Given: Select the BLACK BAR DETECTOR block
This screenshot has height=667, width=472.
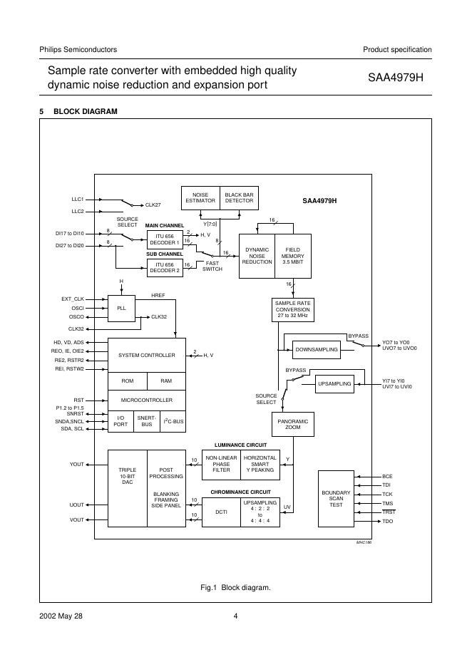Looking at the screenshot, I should coord(239,197).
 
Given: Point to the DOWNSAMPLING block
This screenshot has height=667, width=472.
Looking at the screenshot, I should coord(316,350).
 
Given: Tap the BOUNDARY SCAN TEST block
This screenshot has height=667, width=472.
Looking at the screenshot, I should coord(336,498).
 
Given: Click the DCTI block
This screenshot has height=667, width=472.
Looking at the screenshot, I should coord(221,512).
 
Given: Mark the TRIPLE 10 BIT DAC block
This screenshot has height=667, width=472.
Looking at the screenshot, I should coord(127,477).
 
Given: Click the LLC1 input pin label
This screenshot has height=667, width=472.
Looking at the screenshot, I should coord(78,200).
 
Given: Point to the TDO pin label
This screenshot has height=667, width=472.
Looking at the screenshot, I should coord(388,522).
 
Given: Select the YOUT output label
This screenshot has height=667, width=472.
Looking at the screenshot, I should coord(77,465).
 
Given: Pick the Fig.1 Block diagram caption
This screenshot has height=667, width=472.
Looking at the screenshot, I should coord(236,588).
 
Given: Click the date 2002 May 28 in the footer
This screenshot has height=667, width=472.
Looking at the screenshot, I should coord(61,617).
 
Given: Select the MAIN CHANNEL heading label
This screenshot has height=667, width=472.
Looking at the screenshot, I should coord(165,225).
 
